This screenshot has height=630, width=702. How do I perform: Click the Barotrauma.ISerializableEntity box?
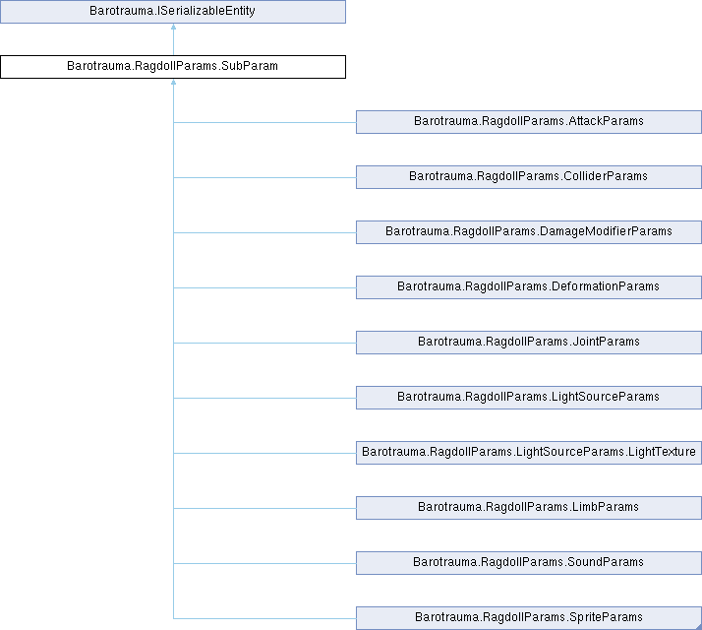tap(173, 11)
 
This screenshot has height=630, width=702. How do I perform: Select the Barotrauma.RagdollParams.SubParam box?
tap(173, 67)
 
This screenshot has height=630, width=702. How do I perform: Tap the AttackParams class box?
tap(529, 122)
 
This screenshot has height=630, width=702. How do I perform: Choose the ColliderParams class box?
tap(529, 177)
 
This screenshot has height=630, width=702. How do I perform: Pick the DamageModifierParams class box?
tap(529, 232)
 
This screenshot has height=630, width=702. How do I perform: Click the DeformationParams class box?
tap(529, 287)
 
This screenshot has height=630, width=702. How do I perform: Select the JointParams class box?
tap(529, 343)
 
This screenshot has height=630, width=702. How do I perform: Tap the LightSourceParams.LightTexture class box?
tap(529, 453)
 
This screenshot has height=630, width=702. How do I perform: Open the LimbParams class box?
tap(529, 508)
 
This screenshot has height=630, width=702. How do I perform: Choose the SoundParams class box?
tap(529, 563)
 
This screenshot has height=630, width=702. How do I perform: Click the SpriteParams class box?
tap(529, 618)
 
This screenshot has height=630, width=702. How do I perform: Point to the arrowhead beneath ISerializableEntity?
tap(173, 27)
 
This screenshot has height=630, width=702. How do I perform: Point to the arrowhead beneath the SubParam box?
tap(173, 82)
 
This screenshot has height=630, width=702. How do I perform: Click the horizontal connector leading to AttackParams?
tap(264, 122)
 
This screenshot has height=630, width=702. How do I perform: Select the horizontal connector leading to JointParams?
tap(264, 343)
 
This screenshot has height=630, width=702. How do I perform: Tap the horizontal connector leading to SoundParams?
tap(264, 564)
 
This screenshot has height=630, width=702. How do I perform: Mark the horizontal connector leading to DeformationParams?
tap(264, 287)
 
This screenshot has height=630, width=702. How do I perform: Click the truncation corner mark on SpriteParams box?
tap(699, 626)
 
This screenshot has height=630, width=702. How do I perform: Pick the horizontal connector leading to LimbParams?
tap(264, 509)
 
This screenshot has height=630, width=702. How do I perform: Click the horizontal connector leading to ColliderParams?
tap(264, 177)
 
